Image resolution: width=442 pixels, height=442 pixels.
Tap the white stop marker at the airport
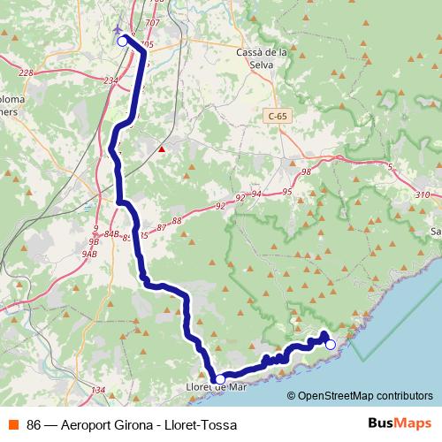(122, 41)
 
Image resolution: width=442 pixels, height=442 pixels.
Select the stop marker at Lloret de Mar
(220, 378)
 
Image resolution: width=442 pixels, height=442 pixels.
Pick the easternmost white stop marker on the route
(331, 345)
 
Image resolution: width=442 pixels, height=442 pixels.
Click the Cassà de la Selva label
(263, 57)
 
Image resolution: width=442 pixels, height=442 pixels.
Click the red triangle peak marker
(161, 149)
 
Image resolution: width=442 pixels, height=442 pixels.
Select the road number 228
(25, 73)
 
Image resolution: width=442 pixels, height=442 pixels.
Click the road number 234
(110, 80)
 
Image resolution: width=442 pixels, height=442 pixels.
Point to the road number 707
(152, 22)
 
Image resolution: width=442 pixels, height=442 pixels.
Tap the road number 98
(306, 172)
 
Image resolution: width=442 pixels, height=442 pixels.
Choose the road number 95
(286, 192)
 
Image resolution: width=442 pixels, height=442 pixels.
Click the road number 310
(422, 194)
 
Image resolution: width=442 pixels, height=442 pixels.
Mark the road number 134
(98, 390)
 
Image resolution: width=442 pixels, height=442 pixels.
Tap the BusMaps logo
(399, 423)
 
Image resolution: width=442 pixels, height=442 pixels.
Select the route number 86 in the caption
(34, 425)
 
